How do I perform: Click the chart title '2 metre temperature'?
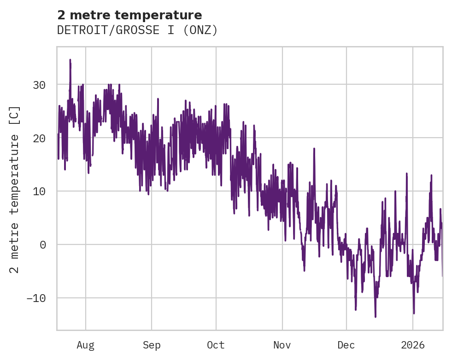[x=129, y=15]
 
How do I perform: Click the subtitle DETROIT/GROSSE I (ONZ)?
[x=137, y=30]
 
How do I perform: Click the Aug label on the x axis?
[x=85, y=345]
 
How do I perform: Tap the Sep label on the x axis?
[x=151, y=345]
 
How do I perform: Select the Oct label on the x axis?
[x=216, y=345]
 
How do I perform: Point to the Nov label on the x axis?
[x=282, y=345]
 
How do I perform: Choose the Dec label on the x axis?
[x=346, y=345]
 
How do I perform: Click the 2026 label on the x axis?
[x=413, y=345]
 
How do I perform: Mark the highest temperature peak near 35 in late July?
[x=70, y=60]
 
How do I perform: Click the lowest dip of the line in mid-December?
[x=376, y=317]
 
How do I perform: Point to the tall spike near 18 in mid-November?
[x=314, y=149]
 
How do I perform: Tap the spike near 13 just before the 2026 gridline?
[x=407, y=174]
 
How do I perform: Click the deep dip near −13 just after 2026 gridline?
[x=414, y=313]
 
